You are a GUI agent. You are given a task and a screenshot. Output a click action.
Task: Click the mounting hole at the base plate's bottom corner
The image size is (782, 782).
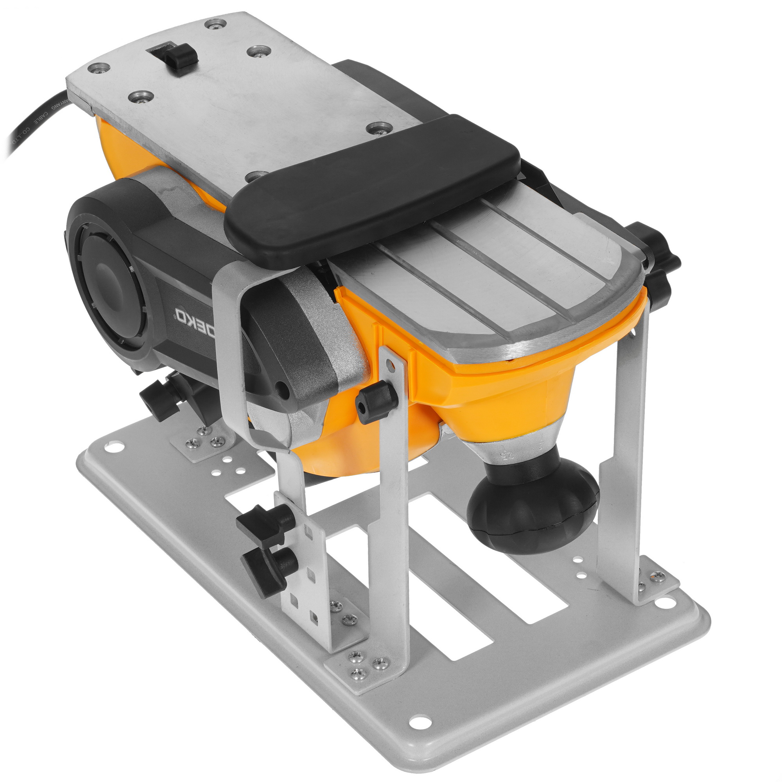click(x=421, y=721)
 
